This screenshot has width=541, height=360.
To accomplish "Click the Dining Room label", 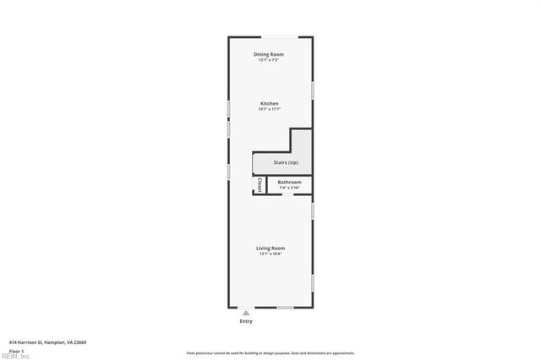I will click(269, 54).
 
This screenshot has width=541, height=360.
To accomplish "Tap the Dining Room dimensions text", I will click(269, 60).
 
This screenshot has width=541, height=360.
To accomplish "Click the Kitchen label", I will click(269, 104).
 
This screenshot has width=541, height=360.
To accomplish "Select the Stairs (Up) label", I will click(286, 162).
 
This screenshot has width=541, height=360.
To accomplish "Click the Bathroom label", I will click(289, 182).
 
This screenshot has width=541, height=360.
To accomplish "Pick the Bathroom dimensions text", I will click(289, 188).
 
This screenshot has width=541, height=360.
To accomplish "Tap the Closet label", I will click(260, 184).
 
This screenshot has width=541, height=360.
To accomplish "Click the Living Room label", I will click(270, 248).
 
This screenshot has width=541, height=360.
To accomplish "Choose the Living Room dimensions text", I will click(270, 254).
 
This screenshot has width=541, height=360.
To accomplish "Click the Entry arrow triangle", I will click(246, 313).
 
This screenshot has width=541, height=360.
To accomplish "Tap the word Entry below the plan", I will click(246, 321).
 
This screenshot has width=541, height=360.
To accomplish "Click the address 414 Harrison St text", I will click(47, 342).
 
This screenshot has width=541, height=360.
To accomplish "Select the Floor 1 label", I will click(16, 350).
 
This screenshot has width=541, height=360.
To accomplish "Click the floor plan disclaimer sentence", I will click(270, 353).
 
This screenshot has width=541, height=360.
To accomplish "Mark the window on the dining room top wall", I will click(278, 37).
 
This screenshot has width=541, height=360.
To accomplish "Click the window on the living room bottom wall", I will click(286, 308).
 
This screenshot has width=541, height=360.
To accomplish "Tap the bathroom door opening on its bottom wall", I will click(287, 195).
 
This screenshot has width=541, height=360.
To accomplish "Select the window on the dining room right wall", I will click(313, 89).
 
